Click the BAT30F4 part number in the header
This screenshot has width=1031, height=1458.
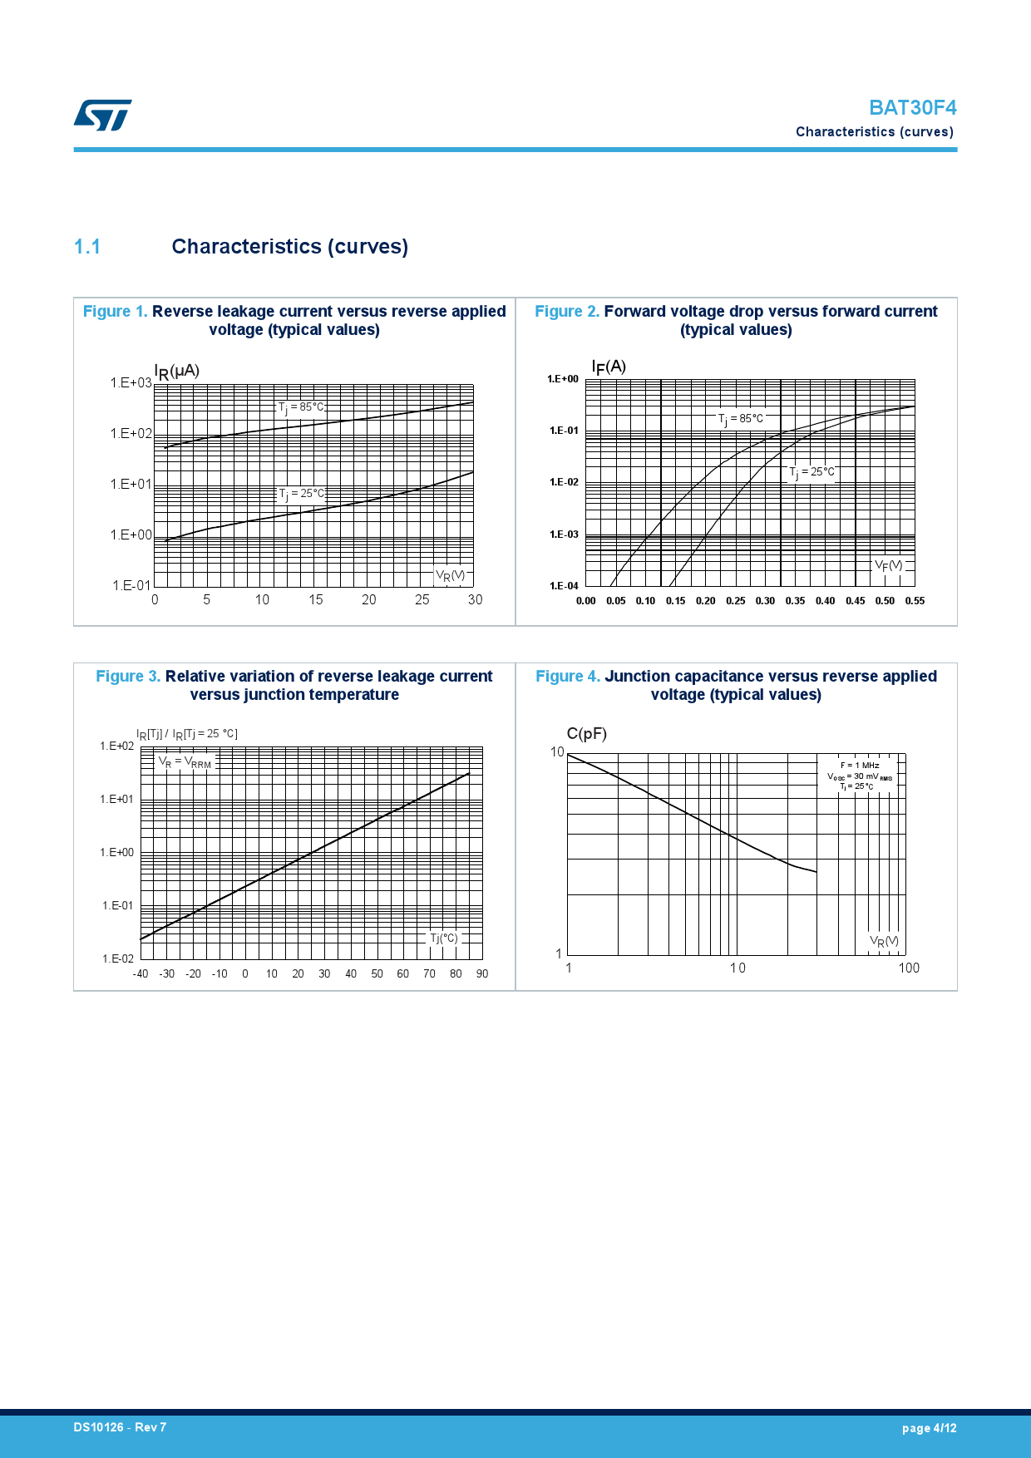point(912,108)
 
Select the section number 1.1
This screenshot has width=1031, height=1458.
point(87,247)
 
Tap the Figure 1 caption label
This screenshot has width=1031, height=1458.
point(115,311)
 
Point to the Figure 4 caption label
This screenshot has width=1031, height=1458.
point(567,676)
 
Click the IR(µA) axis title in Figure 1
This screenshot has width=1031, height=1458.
point(176,371)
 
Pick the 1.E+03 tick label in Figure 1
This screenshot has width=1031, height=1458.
point(131,382)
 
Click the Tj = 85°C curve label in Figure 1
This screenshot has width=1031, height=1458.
point(301,407)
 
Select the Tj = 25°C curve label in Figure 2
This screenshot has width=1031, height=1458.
point(811,472)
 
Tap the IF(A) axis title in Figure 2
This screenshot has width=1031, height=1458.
point(609,367)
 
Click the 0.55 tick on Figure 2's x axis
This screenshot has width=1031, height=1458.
point(915,600)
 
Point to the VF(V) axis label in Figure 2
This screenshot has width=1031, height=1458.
point(888,566)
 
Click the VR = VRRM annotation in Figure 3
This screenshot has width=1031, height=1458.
point(185,761)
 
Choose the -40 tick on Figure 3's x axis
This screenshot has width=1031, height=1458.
point(141,973)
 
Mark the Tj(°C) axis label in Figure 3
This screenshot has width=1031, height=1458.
point(443,938)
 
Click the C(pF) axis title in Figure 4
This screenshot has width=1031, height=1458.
point(587,733)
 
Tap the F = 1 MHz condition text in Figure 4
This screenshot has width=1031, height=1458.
point(860,765)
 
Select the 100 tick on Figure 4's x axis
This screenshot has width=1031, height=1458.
point(909,968)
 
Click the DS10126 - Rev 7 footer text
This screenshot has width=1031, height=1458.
point(120,1427)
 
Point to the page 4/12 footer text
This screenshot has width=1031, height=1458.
point(929,1428)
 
